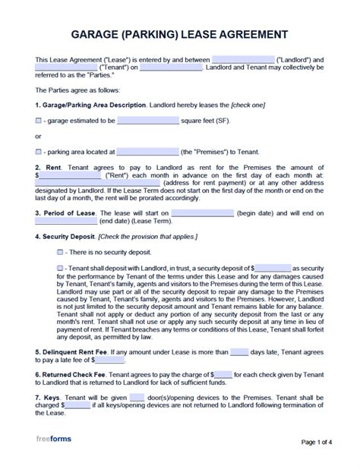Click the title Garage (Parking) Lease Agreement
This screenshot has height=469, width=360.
click(x=179, y=34)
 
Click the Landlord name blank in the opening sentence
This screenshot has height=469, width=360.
click(x=242, y=59)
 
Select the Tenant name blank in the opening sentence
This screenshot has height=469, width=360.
click(x=66, y=67)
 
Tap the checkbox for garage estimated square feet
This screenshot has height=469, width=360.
click(x=39, y=120)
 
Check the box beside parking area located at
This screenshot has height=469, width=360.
click(x=39, y=152)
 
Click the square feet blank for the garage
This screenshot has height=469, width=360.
click(x=148, y=120)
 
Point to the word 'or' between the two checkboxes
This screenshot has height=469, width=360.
click(x=39, y=136)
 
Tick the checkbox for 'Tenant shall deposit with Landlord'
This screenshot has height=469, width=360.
click(x=60, y=268)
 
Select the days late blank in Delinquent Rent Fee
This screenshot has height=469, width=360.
click(x=238, y=353)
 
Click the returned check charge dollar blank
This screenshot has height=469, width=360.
click(x=223, y=375)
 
